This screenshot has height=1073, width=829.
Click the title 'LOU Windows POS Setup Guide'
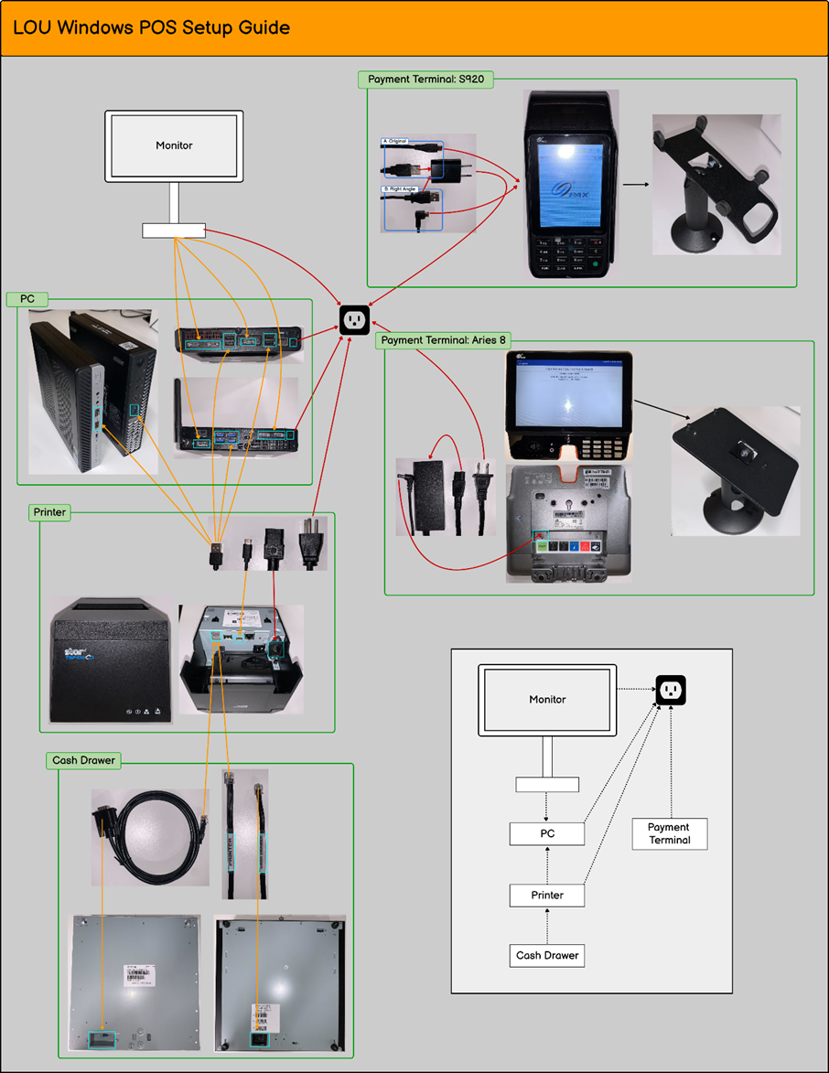151,27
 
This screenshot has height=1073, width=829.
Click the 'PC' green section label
27,299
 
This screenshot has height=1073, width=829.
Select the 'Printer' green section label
49,512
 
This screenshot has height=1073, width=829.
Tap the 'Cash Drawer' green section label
83,760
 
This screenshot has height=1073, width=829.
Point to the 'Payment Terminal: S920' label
425,80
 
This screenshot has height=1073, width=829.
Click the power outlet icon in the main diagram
354,319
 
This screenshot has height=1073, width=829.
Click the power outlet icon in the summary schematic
671,690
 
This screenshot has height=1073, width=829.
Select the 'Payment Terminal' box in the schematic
670,833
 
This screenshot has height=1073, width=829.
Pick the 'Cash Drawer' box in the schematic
547,955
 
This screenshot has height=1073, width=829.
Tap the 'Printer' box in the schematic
547,895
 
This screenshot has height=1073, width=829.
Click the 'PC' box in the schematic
547,833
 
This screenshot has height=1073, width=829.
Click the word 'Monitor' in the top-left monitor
174,145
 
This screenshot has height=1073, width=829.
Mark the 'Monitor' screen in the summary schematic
547,700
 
